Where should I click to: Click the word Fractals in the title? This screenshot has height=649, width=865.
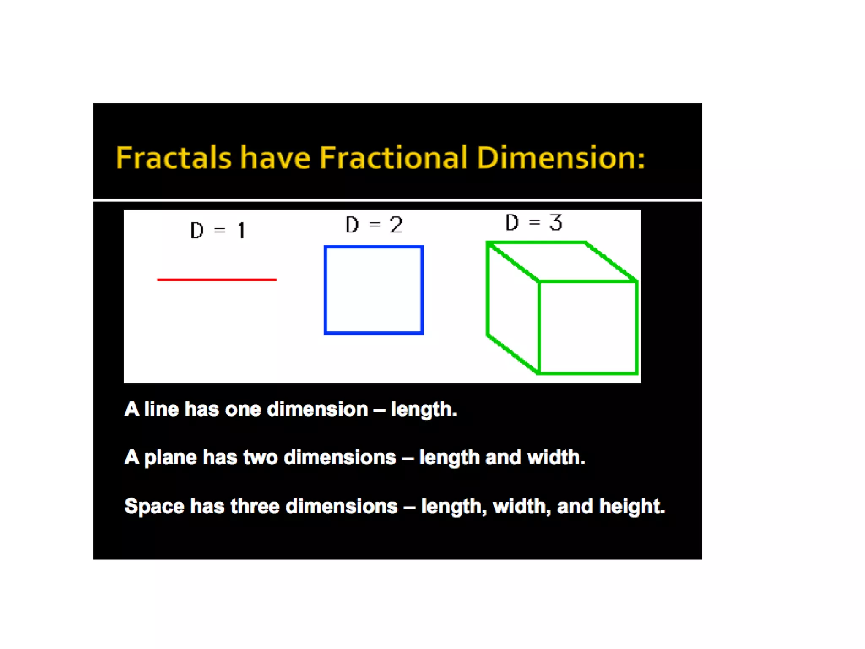[174, 158]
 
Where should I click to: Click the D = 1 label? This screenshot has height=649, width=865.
[218, 231]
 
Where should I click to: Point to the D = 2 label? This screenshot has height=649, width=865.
[374, 225]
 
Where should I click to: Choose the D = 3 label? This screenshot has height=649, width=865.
[534, 222]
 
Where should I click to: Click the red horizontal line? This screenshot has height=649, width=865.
[217, 279]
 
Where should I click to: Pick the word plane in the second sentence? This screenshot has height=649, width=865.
[170, 458]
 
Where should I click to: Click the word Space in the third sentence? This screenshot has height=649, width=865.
[154, 506]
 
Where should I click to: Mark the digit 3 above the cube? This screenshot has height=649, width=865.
[555, 222]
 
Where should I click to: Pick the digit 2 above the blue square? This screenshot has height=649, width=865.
[396, 225]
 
